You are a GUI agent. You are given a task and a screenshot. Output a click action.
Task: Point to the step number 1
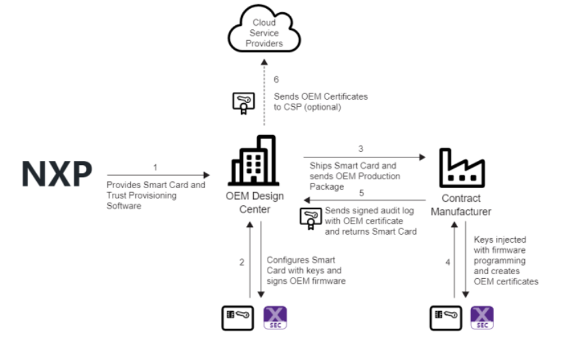point(156,167)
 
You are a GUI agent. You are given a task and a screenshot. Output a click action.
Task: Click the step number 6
point(276,80)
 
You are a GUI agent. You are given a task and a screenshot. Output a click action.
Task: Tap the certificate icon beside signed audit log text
point(311,217)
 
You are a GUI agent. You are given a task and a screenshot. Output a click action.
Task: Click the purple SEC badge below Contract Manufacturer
point(482,318)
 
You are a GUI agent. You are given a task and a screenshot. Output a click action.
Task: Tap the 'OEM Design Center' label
point(253,204)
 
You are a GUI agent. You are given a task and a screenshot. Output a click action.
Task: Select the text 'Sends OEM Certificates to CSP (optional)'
point(321,102)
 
